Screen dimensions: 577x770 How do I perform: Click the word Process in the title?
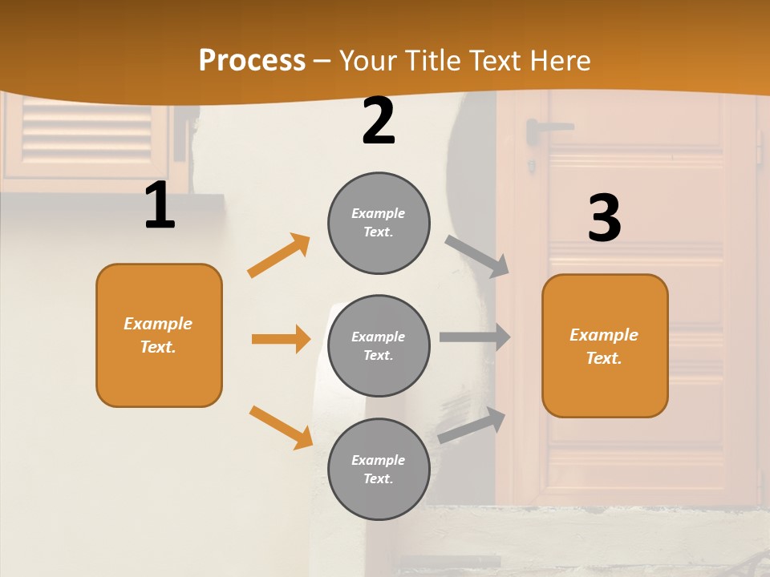tap(252, 60)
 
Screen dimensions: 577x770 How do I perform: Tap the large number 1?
tap(160, 206)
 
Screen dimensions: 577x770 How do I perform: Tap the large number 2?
tap(379, 120)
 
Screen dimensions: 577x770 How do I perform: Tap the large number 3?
tap(604, 218)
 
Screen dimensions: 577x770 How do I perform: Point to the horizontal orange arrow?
tap(281, 339)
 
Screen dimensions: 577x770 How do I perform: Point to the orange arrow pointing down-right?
tap(281, 427)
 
